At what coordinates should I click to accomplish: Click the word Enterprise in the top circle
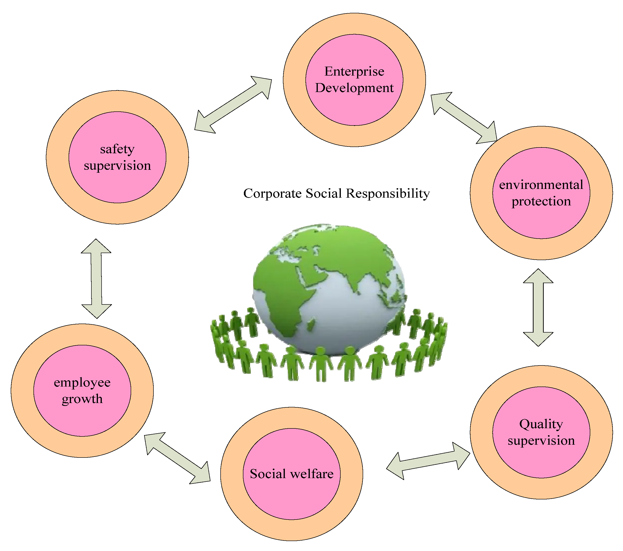[354, 72]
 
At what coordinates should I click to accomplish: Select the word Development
[354, 88]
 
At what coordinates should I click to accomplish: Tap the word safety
[117, 149]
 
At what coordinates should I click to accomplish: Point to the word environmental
[541, 185]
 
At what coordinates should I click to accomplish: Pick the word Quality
[541, 424]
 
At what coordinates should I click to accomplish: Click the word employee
[82, 383]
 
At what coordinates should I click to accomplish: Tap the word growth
[82, 399]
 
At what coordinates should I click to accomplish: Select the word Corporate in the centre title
[272, 194]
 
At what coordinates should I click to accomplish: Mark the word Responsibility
[388, 194]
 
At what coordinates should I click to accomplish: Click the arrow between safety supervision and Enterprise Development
[233, 104]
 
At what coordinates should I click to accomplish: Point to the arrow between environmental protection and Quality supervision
[538, 307]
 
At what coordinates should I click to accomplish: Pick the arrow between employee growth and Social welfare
[177, 458]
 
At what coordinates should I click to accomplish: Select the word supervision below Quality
[541, 441]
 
